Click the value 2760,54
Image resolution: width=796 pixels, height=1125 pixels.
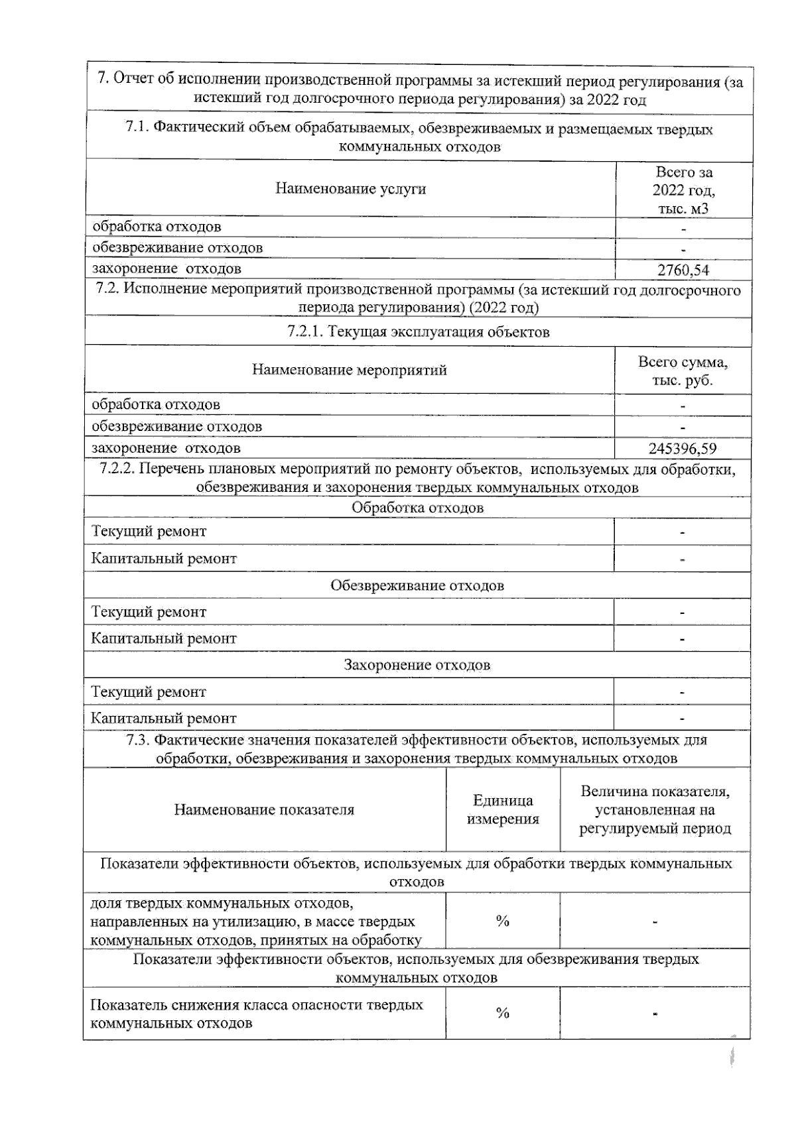[x=683, y=270]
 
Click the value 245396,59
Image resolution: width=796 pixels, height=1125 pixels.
[x=682, y=449]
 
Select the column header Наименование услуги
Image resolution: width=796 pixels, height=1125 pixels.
[x=350, y=189]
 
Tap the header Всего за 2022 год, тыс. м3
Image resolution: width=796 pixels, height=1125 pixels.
[x=683, y=190]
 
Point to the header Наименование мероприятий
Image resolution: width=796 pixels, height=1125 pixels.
[x=349, y=370]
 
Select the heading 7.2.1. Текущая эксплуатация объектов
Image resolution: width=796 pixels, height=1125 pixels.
[x=418, y=332]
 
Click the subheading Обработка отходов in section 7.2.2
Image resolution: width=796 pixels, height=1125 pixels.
[x=417, y=508]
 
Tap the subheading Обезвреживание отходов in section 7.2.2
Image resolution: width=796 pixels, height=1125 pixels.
[x=417, y=586]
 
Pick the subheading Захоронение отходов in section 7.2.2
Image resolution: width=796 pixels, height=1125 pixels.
[x=417, y=665]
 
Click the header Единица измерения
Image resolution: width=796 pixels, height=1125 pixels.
[x=503, y=809]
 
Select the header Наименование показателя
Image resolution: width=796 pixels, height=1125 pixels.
[x=264, y=809]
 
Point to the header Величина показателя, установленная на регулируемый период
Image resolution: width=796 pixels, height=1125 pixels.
[x=655, y=809]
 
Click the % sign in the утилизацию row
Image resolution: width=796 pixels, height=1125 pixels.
[x=502, y=921]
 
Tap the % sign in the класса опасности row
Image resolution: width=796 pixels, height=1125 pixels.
[x=502, y=1013]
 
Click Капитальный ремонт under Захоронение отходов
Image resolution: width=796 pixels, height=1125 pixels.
[x=164, y=718]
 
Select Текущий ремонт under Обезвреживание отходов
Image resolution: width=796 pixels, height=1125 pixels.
[x=149, y=612]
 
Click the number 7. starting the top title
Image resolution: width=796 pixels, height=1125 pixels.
[x=102, y=78]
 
